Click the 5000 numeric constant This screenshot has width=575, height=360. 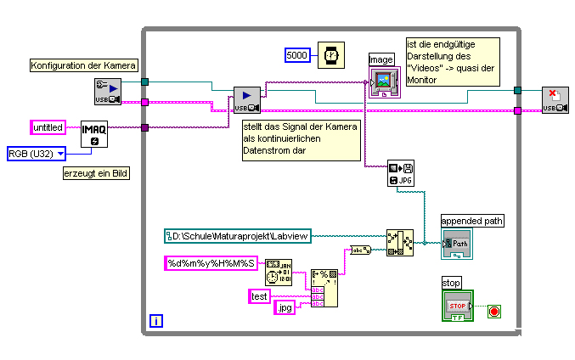pos(297,55)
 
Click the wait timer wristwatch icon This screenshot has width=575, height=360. pos(331,55)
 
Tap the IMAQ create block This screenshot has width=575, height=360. pos(94,132)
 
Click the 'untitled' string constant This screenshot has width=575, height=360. pos(48,127)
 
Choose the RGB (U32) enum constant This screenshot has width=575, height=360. pos(37,153)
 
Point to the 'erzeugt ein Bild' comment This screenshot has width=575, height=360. pos(89,174)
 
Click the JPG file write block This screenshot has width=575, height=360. pos(399,173)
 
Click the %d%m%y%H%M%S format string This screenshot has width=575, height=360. pos(211,263)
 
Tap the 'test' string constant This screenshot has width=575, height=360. pos(259,295)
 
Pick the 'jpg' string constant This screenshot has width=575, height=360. pos(285,307)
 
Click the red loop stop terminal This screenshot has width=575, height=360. pos(493,312)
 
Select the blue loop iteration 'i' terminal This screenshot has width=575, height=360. pos(155,320)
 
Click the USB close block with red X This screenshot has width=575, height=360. pos(555,99)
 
